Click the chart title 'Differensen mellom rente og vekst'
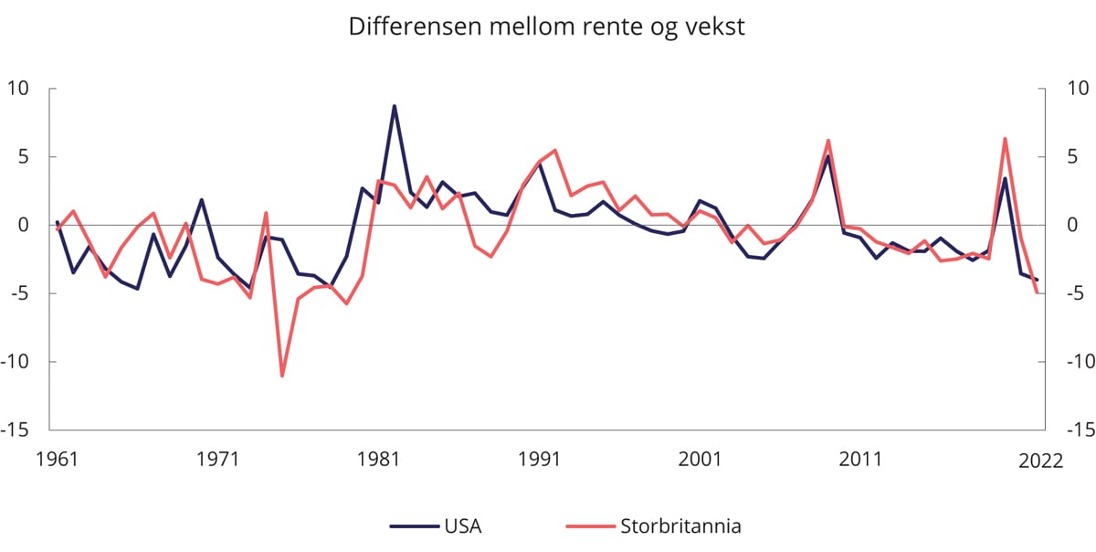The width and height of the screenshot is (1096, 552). [x=547, y=27]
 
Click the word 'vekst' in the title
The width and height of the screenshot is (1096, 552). [x=716, y=27]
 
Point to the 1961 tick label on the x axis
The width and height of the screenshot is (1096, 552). [x=57, y=459]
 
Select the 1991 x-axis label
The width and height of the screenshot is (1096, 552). [x=540, y=459]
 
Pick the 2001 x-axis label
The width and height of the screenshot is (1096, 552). [x=701, y=459]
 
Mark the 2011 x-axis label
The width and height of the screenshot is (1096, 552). [x=861, y=459]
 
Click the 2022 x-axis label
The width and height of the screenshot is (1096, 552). [x=1040, y=461]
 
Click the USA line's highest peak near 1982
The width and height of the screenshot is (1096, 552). [x=395, y=106]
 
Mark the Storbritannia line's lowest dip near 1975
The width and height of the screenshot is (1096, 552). [x=282, y=376]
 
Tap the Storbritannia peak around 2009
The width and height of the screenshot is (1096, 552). [x=828, y=141]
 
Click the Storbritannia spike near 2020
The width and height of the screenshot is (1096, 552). [x=1005, y=139]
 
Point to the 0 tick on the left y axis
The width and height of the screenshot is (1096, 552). [x=26, y=225]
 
